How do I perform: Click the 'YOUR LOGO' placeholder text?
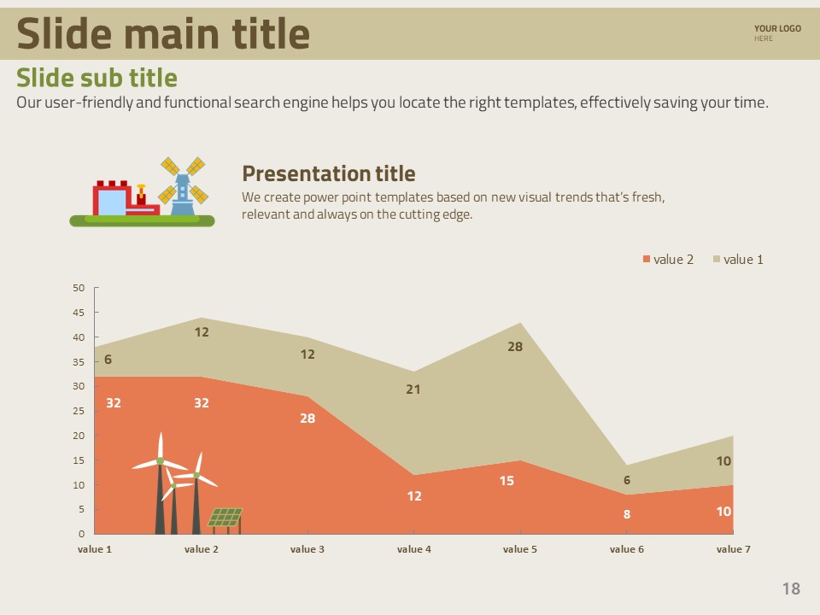[777, 29]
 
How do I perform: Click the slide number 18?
[791, 589]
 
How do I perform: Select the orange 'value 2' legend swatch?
[647, 260]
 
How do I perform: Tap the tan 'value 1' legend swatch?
[717, 260]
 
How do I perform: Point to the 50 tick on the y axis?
[79, 288]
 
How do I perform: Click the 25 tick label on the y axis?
[79, 411]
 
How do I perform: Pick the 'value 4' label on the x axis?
[414, 549]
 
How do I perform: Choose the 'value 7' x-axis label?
[733, 549]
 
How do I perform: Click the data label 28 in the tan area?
[515, 347]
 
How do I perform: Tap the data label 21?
[413, 389]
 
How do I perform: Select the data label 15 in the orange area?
[507, 481]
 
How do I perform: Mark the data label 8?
[627, 515]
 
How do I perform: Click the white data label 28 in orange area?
[307, 419]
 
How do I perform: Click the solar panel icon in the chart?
[225, 518]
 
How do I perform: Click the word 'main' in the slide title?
[170, 34]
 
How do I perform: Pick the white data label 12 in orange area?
[414, 496]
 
